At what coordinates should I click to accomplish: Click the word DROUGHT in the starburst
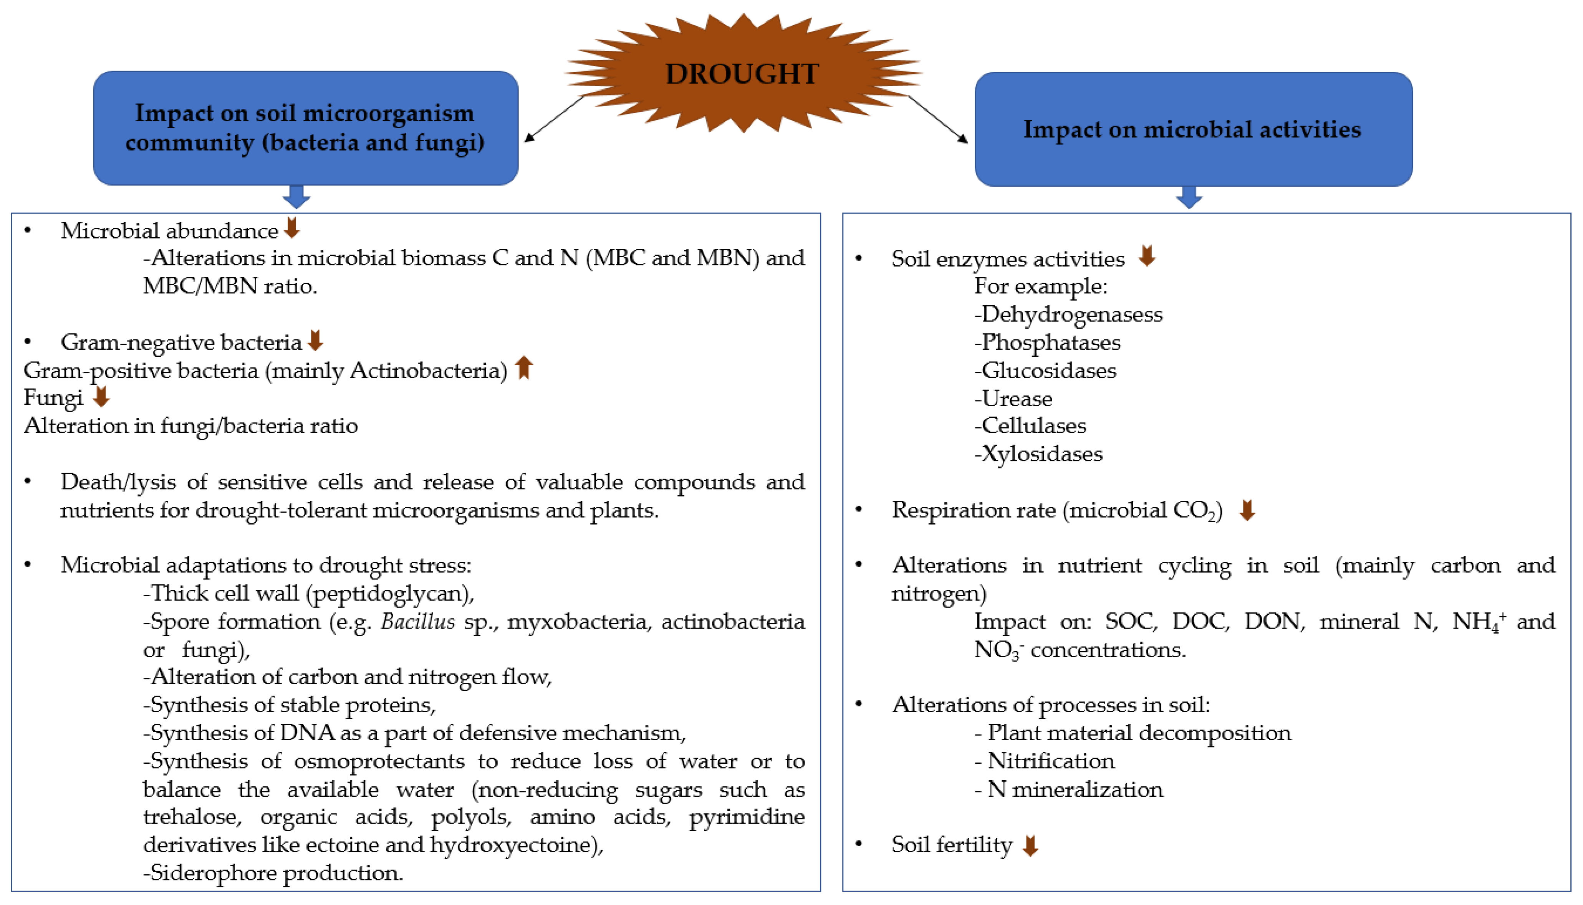coord(742,74)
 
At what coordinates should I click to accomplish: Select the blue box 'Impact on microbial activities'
coord(1193,129)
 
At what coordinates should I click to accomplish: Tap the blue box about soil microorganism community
coord(305,128)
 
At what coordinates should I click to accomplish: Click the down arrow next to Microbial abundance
coord(291,228)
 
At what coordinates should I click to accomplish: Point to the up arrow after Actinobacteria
coord(524,367)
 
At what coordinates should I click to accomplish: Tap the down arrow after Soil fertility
coord(1030,845)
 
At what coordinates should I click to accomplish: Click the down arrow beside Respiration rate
coord(1247,510)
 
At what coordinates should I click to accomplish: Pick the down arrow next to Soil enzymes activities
coord(1147,256)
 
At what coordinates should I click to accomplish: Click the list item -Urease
coord(1013,399)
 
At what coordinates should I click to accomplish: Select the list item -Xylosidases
coord(1038,454)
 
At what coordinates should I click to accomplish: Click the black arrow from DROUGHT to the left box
coord(555,118)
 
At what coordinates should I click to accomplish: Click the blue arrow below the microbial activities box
coord(1188,198)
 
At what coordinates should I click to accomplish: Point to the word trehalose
coord(191,817)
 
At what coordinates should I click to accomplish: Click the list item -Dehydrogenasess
coord(1068,314)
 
